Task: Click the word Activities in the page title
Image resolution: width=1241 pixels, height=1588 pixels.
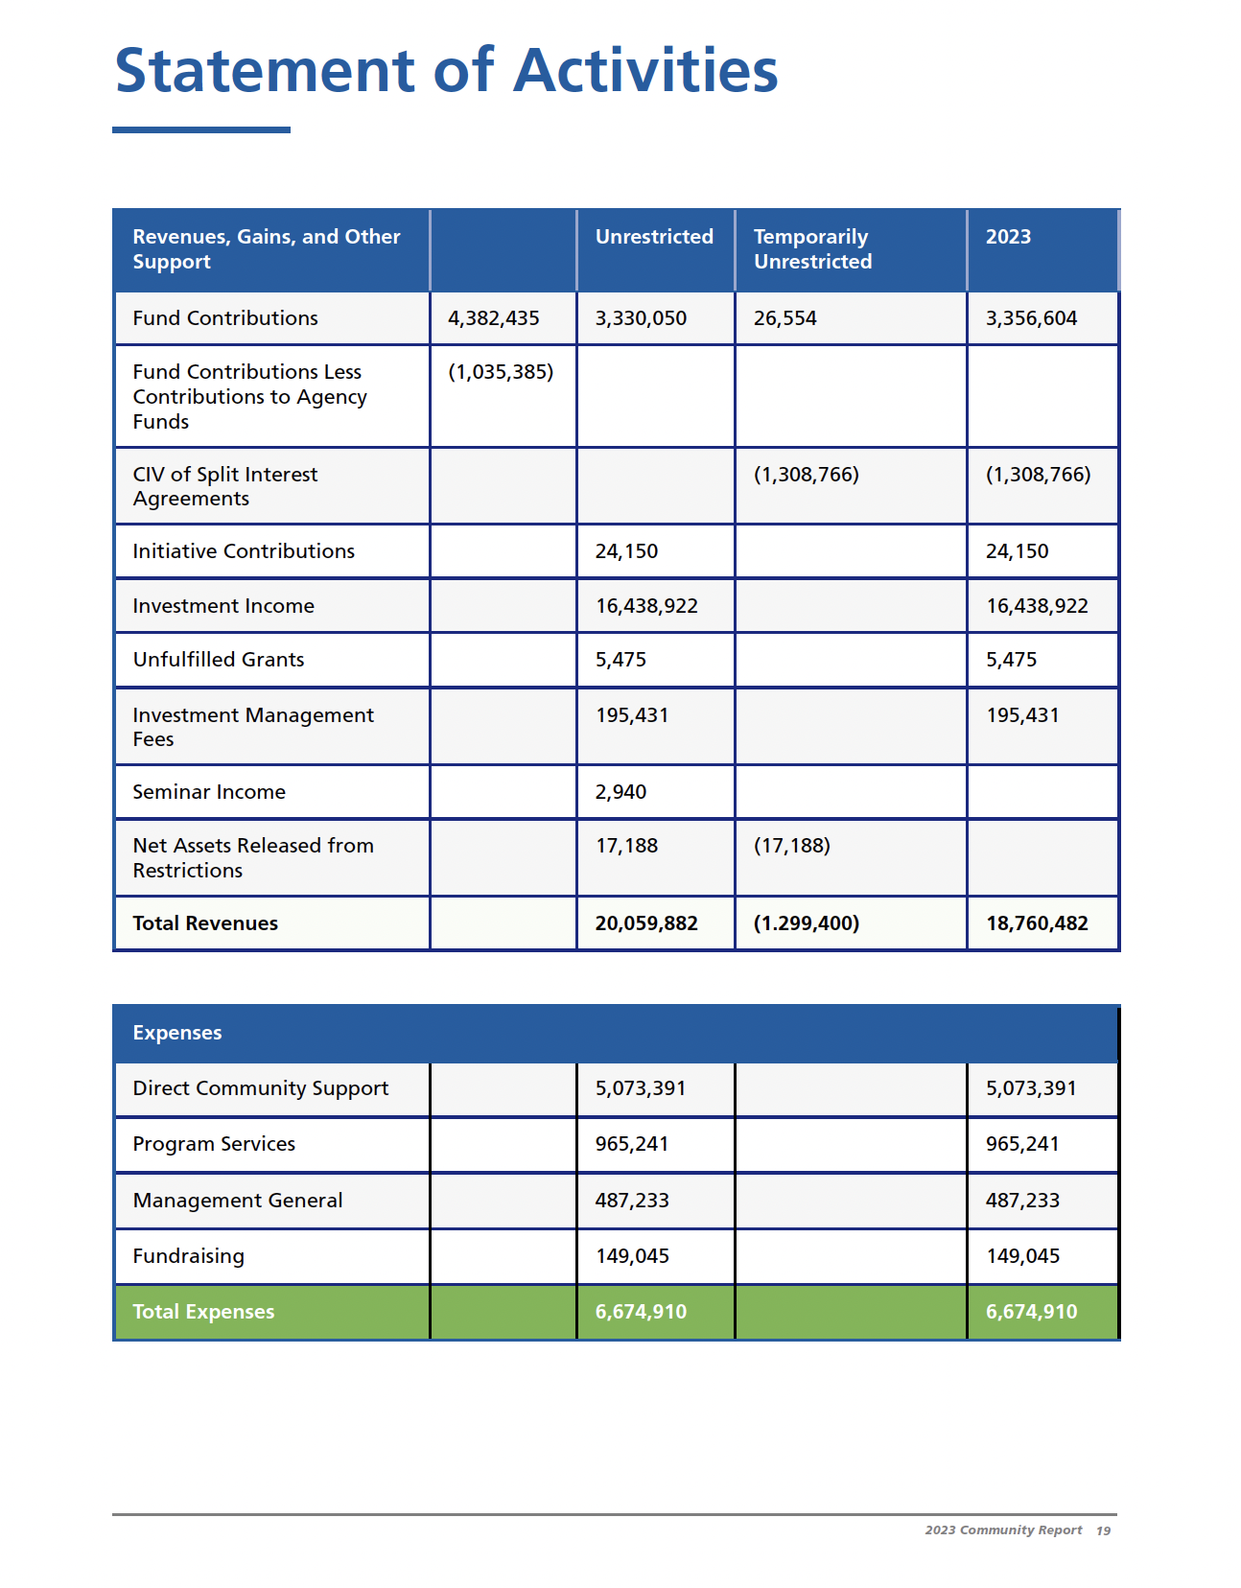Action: coord(645,71)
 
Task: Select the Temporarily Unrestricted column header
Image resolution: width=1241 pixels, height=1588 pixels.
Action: coord(812,249)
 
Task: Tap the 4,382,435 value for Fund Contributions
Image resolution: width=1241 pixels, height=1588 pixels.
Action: coord(494,318)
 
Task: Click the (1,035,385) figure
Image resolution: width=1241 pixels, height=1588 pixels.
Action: coord(501,372)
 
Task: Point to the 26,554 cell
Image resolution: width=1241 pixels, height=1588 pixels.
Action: coord(784,318)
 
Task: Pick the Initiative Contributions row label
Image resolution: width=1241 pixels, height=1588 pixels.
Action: coord(244,551)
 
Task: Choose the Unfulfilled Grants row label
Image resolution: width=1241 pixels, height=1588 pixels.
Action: coord(219,660)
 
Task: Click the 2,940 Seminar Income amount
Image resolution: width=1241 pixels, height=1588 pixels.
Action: coord(620,792)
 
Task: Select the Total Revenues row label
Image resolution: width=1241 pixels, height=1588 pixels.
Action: coord(205,923)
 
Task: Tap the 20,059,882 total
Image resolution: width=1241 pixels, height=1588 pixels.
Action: coord(646,923)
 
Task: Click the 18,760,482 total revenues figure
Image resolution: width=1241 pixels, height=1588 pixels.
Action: coord(1037,923)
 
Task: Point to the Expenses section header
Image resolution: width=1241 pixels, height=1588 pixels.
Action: coord(177,1033)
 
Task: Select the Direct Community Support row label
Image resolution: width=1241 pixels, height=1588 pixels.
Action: coord(261,1088)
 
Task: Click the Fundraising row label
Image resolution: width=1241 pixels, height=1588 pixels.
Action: coord(189,1256)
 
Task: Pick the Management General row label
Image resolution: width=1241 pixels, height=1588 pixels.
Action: coord(238,1201)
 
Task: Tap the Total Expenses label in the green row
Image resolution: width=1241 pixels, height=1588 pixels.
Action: coord(203,1312)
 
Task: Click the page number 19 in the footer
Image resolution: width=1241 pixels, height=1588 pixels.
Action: coord(1104,1530)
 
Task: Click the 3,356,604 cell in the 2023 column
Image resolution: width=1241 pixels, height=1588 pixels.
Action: coord(1031,318)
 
